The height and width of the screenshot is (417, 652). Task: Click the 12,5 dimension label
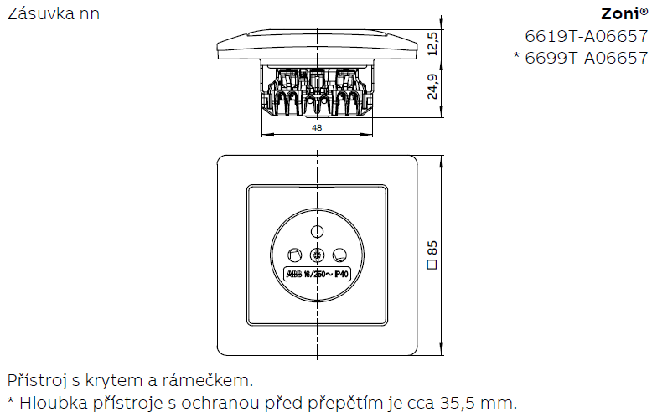coord(432,44)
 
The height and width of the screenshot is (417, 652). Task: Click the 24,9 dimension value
coord(432,87)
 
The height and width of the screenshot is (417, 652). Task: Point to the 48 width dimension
coord(317,127)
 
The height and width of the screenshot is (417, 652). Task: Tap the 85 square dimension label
coord(432,248)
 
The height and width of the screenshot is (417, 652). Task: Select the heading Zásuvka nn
coord(54,13)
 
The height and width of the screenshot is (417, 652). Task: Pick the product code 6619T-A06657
coord(587,36)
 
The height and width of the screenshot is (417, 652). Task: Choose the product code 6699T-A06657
coord(587,58)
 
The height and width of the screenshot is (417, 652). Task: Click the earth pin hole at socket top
coord(318,231)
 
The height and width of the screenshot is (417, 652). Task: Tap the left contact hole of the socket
coord(295,255)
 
